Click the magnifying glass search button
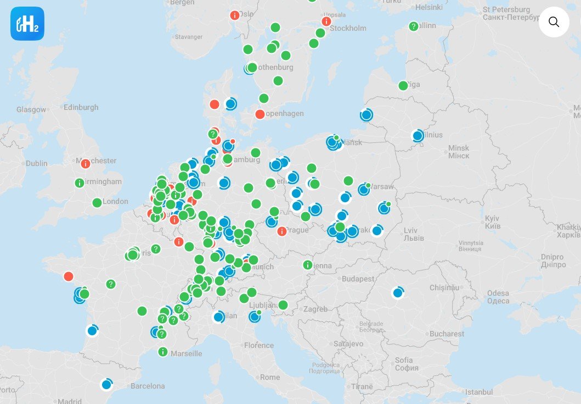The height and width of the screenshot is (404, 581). pyautogui.click(x=554, y=22)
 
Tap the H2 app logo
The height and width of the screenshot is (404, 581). pyautogui.click(x=27, y=24)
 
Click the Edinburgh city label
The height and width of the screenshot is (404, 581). pyautogui.click(x=81, y=107)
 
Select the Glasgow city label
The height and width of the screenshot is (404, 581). pyautogui.click(x=31, y=109)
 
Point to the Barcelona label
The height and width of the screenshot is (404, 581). pyautogui.click(x=148, y=386)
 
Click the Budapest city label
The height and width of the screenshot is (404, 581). pyautogui.click(x=358, y=279)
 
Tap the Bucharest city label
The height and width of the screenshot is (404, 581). pyautogui.click(x=447, y=334)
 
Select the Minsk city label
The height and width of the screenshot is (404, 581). pyautogui.click(x=459, y=148)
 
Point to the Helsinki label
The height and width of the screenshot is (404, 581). pyautogui.click(x=428, y=7)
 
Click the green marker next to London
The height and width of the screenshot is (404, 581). pyautogui.click(x=97, y=203)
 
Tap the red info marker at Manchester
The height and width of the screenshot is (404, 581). pyautogui.click(x=85, y=163)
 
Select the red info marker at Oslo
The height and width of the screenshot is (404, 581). pyautogui.click(x=235, y=15)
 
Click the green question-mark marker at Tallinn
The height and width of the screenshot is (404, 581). pyautogui.click(x=414, y=26)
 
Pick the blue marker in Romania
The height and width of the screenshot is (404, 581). pyautogui.click(x=398, y=293)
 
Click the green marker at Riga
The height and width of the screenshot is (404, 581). pyautogui.click(x=403, y=85)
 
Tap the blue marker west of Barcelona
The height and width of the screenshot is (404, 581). pyautogui.click(x=106, y=385)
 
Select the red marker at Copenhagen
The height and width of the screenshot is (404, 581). pyautogui.click(x=260, y=114)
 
